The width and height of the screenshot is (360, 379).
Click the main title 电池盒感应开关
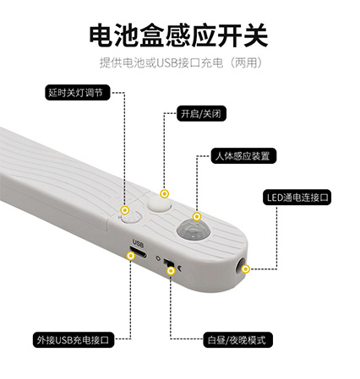coord(178,35)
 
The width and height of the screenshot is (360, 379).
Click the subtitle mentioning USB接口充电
coord(181,62)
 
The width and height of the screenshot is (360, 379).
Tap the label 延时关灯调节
coord(77,92)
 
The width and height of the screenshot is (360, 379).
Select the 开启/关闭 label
coord(201,114)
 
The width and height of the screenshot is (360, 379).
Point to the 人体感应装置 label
coord(243,156)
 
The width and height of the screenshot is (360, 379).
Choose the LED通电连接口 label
coord(297,198)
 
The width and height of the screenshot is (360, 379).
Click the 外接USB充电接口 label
coord(74,340)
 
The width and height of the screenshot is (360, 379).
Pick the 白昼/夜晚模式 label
coord(237,340)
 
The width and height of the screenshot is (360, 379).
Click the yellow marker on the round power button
coord(165,194)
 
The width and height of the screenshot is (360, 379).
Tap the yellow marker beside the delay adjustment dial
coord(125,210)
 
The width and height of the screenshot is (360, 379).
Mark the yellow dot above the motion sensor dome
coord(197,217)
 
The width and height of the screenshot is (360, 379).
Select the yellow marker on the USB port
coord(131,256)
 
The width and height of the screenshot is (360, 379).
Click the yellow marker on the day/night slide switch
coord(171,271)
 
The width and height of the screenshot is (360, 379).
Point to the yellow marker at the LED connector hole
coord(246,269)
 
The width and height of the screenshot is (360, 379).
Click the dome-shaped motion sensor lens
coord(194,230)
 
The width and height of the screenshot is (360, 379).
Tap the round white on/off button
coord(160,204)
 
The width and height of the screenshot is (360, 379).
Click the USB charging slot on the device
coord(138,252)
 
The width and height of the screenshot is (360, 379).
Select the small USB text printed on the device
coord(138,243)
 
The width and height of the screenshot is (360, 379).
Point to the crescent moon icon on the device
coord(179,268)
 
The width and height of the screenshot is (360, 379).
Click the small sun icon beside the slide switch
coord(158,257)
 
